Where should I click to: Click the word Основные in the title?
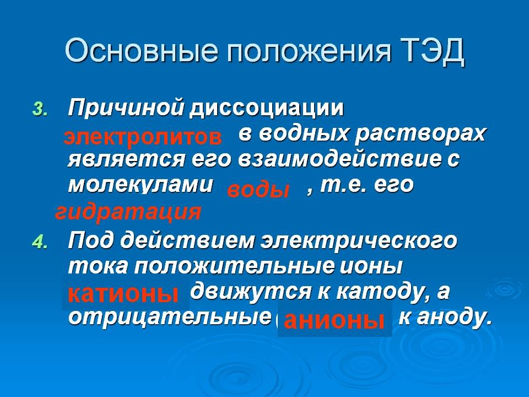pyautogui.click(x=141, y=51)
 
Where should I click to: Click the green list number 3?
pyautogui.click(x=40, y=109)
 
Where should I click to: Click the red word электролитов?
pyautogui.click(x=143, y=137)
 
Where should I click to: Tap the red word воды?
pyautogui.click(x=258, y=190)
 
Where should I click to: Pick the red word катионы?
pyautogui.click(x=123, y=293)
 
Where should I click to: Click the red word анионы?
pyautogui.click(x=334, y=320)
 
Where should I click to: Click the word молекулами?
pyautogui.click(x=141, y=185)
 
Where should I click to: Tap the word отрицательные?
pyautogui.click(x=170, y=318)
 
